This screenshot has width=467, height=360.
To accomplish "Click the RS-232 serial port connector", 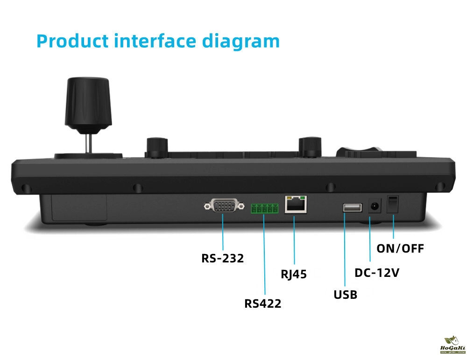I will [224, 205].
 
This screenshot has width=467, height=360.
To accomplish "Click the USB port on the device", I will [352, 207].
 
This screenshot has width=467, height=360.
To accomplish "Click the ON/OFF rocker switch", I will [393, 205].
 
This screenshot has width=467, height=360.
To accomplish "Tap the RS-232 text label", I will [223, 258].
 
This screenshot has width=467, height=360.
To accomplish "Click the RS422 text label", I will [263, 304].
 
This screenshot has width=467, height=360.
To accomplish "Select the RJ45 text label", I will [294, 274].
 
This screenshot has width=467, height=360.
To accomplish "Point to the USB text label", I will [346, 295].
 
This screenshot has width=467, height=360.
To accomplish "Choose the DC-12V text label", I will [377, 273].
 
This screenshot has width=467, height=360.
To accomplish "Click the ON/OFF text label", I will [400, 248].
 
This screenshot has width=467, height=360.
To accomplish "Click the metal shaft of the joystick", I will [88, 142].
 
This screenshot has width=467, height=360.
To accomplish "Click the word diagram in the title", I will [241, 41].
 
